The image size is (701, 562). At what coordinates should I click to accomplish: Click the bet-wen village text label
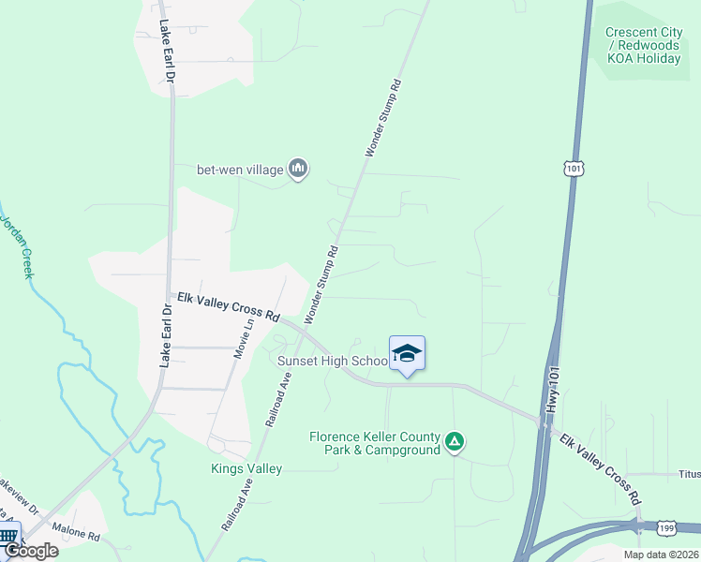238,170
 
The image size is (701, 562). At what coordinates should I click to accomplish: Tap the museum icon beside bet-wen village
299,169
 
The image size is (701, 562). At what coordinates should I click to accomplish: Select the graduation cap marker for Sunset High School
407,354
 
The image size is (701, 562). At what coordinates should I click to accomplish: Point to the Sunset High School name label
333,361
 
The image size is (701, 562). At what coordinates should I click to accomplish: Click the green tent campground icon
455,440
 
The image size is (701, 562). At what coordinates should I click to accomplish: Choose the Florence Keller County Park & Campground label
375,443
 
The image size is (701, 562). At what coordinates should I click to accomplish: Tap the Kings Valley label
246,468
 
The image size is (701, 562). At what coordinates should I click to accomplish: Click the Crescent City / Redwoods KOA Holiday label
644,46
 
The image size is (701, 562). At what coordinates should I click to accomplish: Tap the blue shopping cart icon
9,536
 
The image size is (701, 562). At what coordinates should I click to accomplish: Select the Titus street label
690,474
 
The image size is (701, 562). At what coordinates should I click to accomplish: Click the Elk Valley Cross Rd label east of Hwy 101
600,466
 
